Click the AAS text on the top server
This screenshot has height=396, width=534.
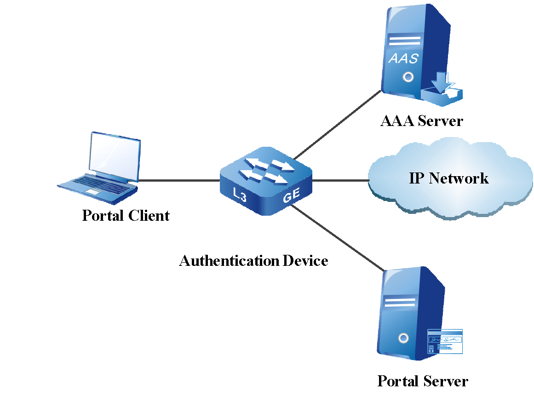pos(404,58)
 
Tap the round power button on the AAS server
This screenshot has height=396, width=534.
pos(408,77)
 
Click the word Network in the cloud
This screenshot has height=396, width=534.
pos(459,178)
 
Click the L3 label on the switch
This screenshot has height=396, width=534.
pos(240,195)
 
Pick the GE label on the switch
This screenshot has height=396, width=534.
pos(291,195)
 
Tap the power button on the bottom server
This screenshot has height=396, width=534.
pos(403,339)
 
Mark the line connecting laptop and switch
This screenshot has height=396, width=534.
pos(179,181)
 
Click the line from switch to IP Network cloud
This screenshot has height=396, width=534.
pos(340,181)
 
